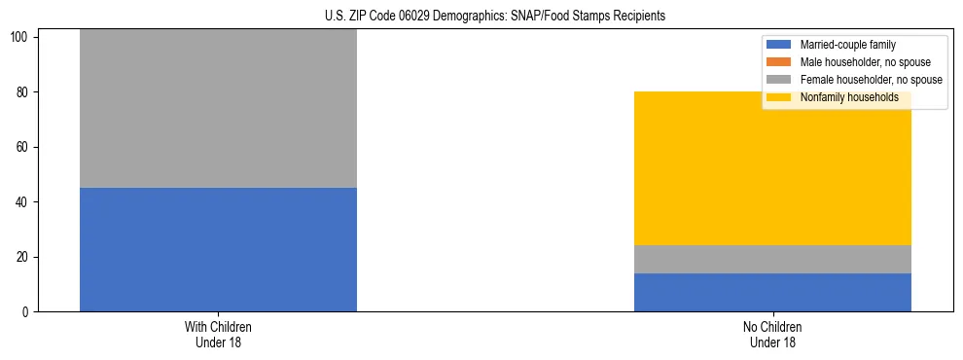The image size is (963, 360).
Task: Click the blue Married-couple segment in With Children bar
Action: pos(218,249)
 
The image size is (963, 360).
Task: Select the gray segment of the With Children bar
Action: pos(218,109)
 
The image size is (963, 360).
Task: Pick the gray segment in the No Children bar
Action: pos(772,259)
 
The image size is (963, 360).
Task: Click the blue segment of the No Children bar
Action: pos(772,292)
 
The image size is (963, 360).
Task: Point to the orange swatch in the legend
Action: pos(780,62)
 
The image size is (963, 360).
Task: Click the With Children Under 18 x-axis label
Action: pos(218,335)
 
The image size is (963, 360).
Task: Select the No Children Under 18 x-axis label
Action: pos(772,335)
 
